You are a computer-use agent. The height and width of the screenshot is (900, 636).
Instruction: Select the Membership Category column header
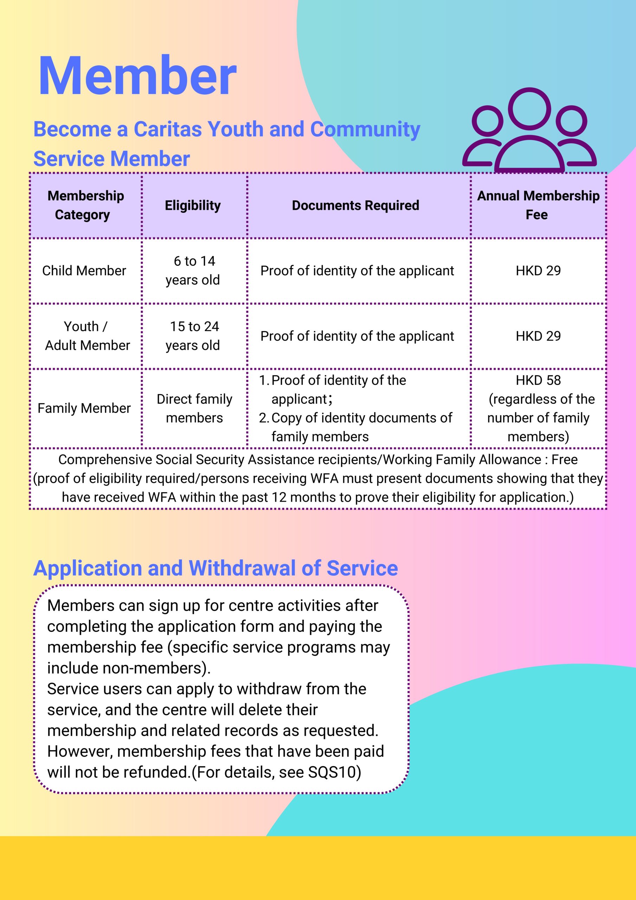[x=85, y=205]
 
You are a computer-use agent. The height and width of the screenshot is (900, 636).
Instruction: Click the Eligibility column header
[x=193, y=205]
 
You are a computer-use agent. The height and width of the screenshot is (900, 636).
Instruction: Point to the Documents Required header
[x=355, y=205]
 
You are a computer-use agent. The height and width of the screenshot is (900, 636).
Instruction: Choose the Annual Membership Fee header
[x=538, y=205]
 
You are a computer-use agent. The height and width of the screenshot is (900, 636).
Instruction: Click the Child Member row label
[x=84, y=271]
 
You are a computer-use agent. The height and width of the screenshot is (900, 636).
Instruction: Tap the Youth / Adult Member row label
[x=86, y=336]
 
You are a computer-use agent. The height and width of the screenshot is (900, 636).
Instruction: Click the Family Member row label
[x=84, y=409]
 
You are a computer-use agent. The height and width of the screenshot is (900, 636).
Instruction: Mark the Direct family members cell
[x=194, y=409]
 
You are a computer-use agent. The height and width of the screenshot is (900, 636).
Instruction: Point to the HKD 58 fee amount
[x=538, y=380]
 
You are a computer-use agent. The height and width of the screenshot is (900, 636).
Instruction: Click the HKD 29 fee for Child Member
[x=538, y=271]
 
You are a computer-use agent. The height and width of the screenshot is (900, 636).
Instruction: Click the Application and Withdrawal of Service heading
[x=215, y=568]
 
